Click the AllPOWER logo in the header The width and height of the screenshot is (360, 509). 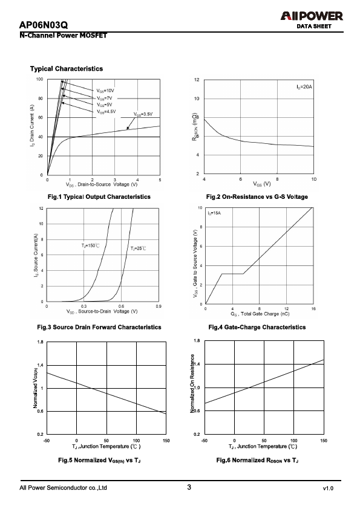tap(312, 16)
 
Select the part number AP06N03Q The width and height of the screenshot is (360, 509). tap(44, 25)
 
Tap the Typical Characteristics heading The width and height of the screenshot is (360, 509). tap(67, 69)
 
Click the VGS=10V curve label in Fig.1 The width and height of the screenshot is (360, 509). tap(105, 91)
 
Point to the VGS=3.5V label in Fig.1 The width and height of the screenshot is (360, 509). tap(143, 114)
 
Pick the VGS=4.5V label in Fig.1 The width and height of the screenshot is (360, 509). tap(106, 112)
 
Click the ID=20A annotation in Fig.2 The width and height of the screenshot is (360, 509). tap(304, 87)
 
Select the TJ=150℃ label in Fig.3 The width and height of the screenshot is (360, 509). tap(90, 246)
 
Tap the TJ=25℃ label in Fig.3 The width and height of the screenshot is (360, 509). tap(139, 248)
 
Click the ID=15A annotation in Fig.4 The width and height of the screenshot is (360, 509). tap(214, 213)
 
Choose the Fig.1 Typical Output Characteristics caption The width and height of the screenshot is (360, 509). tap(99, 196)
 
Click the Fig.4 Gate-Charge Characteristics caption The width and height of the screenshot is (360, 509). tap(257, 327)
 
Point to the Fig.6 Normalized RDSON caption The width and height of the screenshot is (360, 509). tap(257, 460)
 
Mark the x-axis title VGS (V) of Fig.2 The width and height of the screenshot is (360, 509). tap(262, 184)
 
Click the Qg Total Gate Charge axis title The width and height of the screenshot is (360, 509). tap(260, 314)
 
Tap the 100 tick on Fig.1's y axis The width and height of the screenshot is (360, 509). tap(40, 79)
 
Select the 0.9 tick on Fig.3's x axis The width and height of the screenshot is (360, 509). tap(159, 306)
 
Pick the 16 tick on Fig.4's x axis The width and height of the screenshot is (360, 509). tap(313, 309)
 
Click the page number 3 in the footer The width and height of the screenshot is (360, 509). tap(189, 487)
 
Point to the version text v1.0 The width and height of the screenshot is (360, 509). tap(328, 488)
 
